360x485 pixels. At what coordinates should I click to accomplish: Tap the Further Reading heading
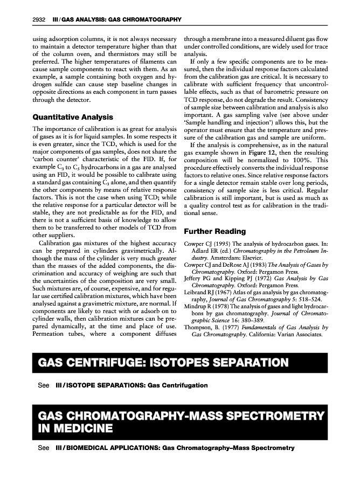point(215,231)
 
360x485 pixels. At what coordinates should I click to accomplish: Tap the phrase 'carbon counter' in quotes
point(56,160)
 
